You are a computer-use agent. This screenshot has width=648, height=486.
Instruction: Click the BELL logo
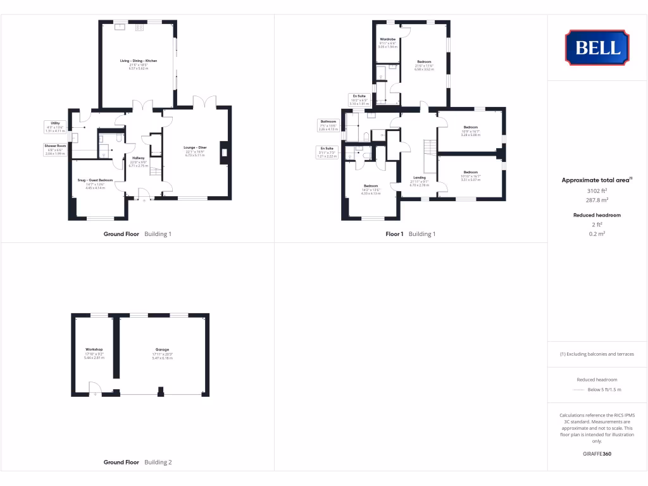pos(597,47)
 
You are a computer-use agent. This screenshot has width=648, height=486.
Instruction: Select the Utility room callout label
pos(56,127)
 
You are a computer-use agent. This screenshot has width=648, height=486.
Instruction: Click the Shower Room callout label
pos(55,149)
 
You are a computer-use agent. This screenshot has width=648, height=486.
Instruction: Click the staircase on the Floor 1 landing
pos(430,147)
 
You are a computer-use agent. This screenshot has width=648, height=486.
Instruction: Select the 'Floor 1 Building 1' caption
pos(411,234)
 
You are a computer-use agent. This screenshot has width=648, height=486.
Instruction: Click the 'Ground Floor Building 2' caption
pos(137,463)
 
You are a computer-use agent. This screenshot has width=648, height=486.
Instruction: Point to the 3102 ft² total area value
pos(597,190)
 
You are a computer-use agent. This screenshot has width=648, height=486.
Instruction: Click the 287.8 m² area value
pos(597,199)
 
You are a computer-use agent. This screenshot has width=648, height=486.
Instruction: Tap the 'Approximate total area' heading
pos(597,180)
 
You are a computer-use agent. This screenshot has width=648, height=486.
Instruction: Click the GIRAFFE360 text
pos(597,454)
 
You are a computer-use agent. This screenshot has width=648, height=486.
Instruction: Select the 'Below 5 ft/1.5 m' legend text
pos(604,390)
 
